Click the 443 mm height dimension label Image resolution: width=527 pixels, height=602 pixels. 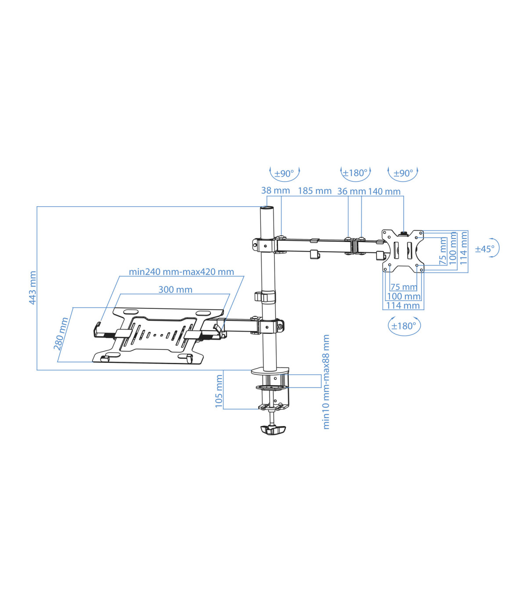click(x=32, y=287)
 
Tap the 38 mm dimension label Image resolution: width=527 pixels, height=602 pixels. click(x=275, y=190)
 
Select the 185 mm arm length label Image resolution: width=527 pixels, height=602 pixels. click(x=314, y=191)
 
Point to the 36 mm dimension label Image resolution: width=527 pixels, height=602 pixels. click(x=351, y=191)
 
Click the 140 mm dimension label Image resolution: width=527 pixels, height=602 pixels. click(x=384, y=192)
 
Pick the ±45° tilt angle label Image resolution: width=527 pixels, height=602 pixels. click(x=484, y=249)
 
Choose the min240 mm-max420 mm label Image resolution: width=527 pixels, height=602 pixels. click(x=181, y=272)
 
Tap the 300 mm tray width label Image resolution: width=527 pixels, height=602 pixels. click(x=175, y=290)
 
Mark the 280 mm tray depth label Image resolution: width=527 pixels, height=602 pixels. click(x=61, y=333)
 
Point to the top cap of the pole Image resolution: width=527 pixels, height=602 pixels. click(x=267, y=208)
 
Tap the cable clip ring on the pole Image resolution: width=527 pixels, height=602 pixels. click(x=265, y=296)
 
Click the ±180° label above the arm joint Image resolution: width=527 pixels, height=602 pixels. click(x=355, y=173)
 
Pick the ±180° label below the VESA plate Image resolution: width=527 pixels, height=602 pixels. click(x=404, y=326)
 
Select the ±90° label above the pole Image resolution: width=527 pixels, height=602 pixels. click(x=284, y=173)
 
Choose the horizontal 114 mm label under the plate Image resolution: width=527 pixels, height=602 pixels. click(x=403, y=305)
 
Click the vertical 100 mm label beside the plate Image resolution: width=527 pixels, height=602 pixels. click(x=453, y=248)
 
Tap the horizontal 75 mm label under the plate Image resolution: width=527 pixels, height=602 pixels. click(x=404, y=287)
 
